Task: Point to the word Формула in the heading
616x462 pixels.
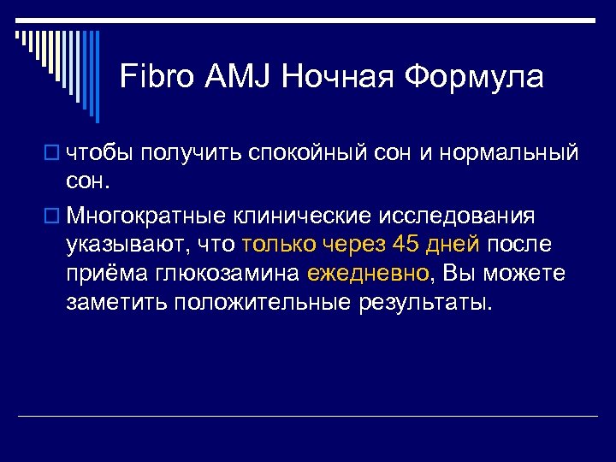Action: point(474,77)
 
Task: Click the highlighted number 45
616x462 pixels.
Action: point(406,244)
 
